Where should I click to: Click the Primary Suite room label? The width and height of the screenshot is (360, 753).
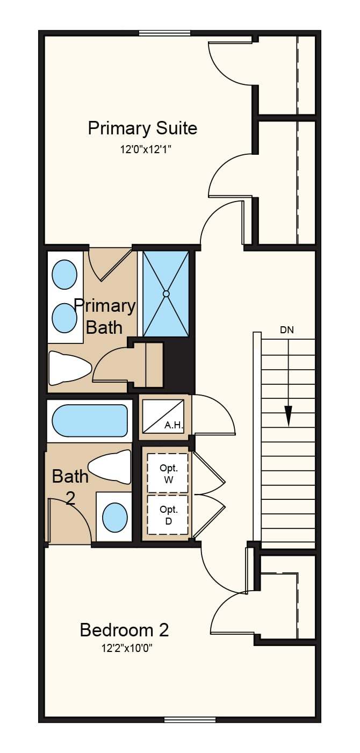tap(142, 129)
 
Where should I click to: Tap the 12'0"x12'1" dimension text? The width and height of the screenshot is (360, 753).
tap(146, 149)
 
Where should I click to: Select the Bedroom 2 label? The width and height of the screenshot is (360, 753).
tap(124, 630)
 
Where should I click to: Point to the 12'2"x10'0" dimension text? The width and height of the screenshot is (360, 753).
tap(127, 648)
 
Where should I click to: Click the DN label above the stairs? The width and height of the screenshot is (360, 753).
tap(287, 330)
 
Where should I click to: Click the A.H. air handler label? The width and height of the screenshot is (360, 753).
tap(174, 425)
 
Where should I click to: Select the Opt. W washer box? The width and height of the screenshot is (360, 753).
tap(168, 474)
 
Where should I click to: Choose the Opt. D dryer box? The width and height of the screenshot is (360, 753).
tap(168, 515)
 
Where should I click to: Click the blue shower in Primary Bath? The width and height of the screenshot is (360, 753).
tap(165, 293)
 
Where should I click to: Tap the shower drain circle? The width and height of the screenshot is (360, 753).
tap(165, 293)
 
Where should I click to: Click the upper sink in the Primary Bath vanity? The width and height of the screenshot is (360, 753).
tap(64, 274)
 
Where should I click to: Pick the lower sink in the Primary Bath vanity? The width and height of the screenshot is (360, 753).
tap(64, 318)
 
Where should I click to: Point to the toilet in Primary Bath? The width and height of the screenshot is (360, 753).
tap(70, 368)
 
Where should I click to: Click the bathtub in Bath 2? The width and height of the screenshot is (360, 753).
tap(89, 420)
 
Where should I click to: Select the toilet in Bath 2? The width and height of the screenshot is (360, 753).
tap(110, 467)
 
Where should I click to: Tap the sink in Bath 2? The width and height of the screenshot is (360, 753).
tap(115, 518)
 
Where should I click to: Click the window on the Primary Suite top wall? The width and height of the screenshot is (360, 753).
tap(165, 33)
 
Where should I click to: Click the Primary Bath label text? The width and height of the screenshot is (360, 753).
tap(105, 317)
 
